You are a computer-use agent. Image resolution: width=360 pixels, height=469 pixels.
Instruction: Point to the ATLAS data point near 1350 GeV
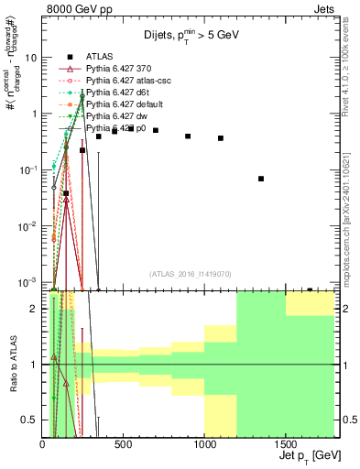point(261,179)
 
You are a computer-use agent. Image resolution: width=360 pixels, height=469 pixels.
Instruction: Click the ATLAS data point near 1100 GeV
point(221,138)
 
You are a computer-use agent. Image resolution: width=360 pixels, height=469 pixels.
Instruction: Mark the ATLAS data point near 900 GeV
point(188,136)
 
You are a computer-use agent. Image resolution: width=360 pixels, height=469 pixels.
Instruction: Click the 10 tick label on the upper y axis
point(30,57)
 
